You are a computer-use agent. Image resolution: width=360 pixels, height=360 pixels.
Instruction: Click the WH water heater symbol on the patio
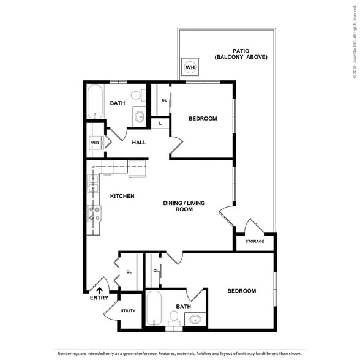click(x=189, y=67)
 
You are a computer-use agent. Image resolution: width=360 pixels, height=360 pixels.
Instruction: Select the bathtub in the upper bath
click(x=95, y=102)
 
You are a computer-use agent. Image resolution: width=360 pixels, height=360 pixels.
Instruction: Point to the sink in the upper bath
click(x=140, y=118)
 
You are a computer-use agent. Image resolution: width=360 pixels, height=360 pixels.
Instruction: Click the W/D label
click(x=95, y=143)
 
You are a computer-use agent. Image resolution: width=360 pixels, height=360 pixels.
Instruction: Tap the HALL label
click(x=140, y=143)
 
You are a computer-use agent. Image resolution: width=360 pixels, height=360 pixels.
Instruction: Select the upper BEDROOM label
click(x=202, y=119)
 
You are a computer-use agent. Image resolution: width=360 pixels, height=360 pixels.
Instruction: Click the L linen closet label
click(x=160, y=123)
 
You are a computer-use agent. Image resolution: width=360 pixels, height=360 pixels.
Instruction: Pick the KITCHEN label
click(x=122, y=196)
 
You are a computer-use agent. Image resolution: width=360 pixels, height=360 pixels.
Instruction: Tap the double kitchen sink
click(x=93, y=184)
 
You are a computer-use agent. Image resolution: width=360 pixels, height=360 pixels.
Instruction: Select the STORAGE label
click(x=255, y=241)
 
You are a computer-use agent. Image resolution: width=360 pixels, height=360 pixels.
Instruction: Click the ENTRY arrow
click(x=100, y=291)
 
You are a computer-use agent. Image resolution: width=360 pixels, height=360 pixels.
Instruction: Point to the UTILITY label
click(x=128, y=311)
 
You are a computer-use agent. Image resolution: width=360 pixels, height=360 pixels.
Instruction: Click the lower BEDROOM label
click(x=241, y=291)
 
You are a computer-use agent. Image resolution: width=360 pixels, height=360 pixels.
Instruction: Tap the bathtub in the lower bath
click(x=154, y=309)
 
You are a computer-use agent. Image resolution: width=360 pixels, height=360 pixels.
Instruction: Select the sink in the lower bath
click(x=195, y=319)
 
